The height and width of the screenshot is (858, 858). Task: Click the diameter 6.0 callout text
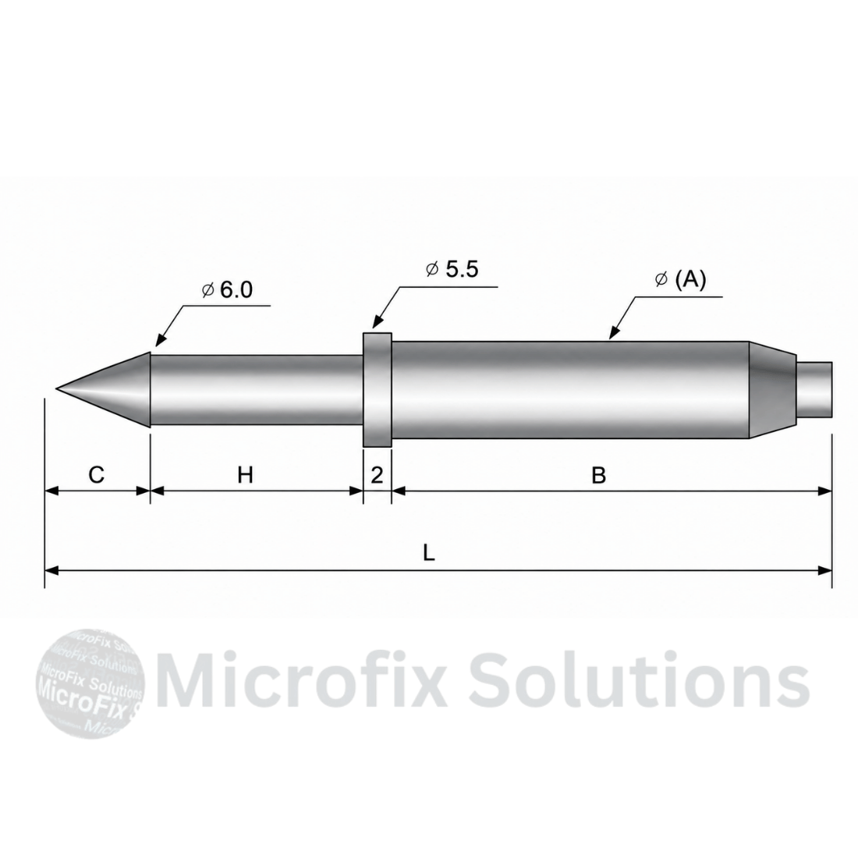coord(227,290)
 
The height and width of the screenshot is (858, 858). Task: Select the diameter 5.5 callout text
coord(452,269)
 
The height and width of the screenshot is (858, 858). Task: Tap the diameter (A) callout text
coord(681,279)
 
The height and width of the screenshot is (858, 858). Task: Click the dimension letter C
coord(96,474)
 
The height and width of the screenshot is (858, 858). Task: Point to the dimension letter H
coord(245,475)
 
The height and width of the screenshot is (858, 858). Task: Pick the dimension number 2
coord(377,476)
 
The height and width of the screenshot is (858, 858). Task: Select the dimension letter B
coord(598,476)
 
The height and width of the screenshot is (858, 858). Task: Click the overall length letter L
coord(429,553)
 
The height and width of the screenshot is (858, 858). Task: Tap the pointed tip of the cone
coord(56,388)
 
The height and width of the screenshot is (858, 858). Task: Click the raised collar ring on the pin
coord(377,389)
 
